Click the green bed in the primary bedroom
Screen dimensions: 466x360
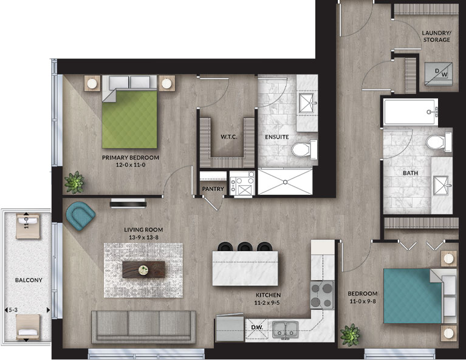point(129,112)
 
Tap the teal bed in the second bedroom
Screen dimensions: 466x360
point(420,296)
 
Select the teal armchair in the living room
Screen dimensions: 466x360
point(80,216)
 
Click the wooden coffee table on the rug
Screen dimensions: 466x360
point(143,270)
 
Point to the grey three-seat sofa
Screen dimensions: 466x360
point(143,327)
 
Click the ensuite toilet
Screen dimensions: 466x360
point(304,149)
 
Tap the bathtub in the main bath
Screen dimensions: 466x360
point(411,112)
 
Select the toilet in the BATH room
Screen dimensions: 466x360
point(439,142)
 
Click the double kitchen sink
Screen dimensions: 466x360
point(286,330)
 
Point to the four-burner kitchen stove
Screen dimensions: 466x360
point(322,294)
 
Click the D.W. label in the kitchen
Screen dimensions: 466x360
point(257,327)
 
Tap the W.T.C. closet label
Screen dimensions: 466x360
point(229,137)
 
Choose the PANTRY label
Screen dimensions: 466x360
point(213,189)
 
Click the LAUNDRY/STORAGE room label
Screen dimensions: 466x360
point(436,36)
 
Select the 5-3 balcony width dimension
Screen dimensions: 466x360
point(13,310)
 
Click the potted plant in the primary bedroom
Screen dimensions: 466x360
point(74,182)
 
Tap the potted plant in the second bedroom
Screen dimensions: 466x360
point(351,335)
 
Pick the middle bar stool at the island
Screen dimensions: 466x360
point(245,247)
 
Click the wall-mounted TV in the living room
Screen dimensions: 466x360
point(128,204)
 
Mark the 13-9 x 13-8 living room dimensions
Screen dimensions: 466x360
point(143,237)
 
